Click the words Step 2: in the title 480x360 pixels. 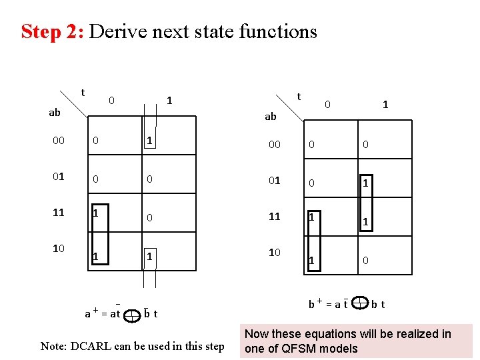coord(52,31)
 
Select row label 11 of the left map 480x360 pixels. coord(58,213)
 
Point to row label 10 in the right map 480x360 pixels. coord(274,252)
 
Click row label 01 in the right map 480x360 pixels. coord(274,180)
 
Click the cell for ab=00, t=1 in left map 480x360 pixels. coord(151,141)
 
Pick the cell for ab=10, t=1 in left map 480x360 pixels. coord(150,256)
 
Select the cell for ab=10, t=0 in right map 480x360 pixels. coord(311,260)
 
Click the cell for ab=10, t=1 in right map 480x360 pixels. coord(365,260)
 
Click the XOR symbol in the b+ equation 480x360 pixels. coord(360,304)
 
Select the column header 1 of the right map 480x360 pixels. coord(385,105)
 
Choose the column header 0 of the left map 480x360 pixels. coord(112,101)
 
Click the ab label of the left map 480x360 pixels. coord(55,113)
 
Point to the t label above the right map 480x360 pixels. coord(299,96)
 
